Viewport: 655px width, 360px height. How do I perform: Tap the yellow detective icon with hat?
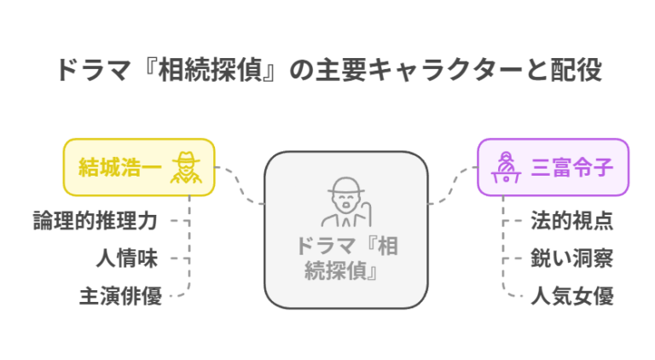click(186, 166)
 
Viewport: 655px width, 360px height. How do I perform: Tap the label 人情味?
click(127, 258)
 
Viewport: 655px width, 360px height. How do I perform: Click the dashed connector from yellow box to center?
click(241, 185)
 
